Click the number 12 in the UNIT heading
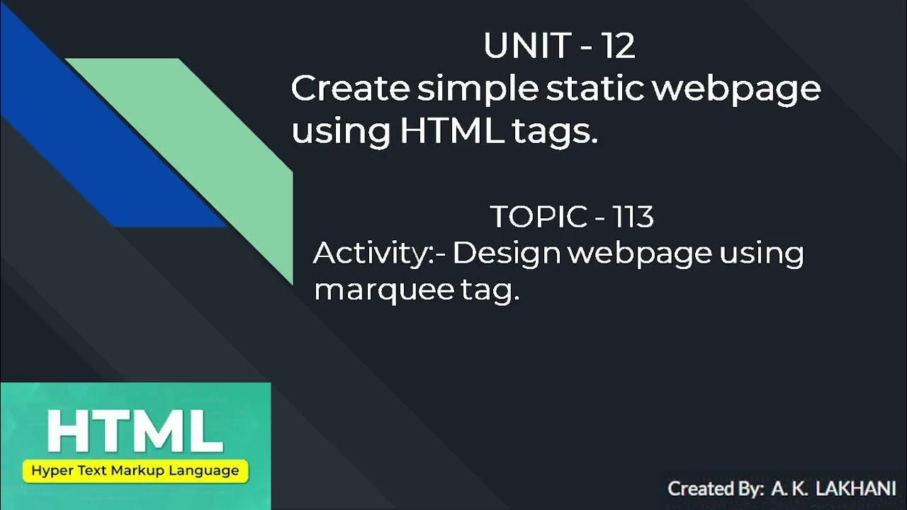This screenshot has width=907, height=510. click(x=619, y=47)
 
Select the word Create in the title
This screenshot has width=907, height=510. click(x=350, y=89)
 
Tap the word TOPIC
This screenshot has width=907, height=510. click(x=538, y=217)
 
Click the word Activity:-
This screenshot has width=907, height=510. click(x=378, y=254)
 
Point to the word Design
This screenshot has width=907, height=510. click(x=507, y=254)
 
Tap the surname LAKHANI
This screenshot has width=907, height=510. click(x=856, y=489)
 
